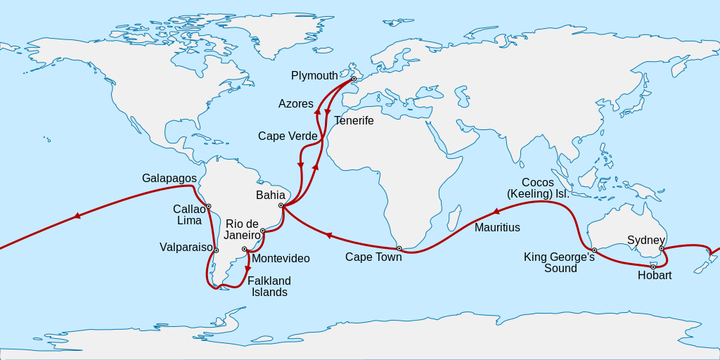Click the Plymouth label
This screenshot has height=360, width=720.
pyautogui.click(x=314, y=76)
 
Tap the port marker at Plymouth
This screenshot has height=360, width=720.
pyautogui.click(x=354, y=79)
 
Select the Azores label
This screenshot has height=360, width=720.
pyautogui.click(x=296, y=104)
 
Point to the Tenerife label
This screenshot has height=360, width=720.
pyautogui.click(x=354, y=121)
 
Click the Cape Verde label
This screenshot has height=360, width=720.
pyautogui.click(x=288, y=136)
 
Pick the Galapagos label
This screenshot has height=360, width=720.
pyautogui.click(x=169, y=179)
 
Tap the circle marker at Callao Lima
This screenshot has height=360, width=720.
pyautogui.click(x=209, y=206)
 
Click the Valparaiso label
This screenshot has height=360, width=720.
pyautogui.click(x=186, y=247)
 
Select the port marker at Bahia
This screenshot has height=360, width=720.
pyautogui.click(x=281, y=205)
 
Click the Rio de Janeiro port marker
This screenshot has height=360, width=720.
pyautogui.click(x=262, y=231)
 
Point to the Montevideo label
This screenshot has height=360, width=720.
pyautogui.click(x=281, y=259)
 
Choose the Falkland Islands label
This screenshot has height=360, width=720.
pyautogui.click(x=269, y=286)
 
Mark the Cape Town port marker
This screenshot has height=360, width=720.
pyautogui.click(x=399, y=248)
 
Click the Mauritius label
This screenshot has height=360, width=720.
pyautogui.click(x=497, y=228)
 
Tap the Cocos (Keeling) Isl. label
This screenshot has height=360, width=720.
pyautogui.click(x=538, y=188)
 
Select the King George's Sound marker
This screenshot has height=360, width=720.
pyautogui.click(x=594, y=250)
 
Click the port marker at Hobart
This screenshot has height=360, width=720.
pyautogui.click(x=653, y=266)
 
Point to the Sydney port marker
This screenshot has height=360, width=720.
pyautogui.click(x=662, y=248)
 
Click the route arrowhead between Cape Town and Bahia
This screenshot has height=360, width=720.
pyautogui.click(x=327, y=236)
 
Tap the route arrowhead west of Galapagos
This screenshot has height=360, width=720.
pyautogui.click(x=77, y=216)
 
